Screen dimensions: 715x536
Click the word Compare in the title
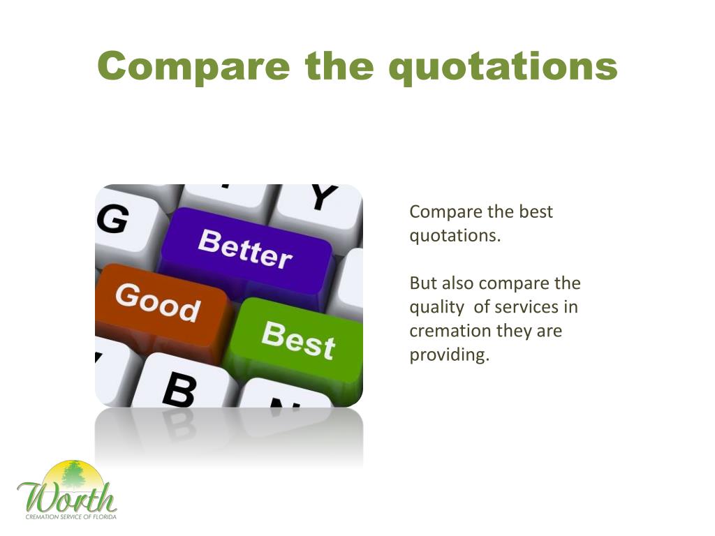(x=194, y=66)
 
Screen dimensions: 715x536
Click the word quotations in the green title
(x=503, y=68)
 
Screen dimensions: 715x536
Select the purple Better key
(x=246, y=251)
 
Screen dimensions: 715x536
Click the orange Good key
(x=161, y=306)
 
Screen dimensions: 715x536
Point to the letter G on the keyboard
(x=112, y=218)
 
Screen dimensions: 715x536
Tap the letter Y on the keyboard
(x=325, y=196)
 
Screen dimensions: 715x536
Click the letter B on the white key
(x=179, y=389)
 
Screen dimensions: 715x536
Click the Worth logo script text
(x=67, y=498)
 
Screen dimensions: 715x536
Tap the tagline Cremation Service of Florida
(x=71, y=517)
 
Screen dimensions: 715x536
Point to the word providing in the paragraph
(x=449, y=355)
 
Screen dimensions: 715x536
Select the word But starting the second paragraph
(x=422, y=283)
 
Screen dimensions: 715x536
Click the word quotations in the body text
(x=455, y=237)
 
